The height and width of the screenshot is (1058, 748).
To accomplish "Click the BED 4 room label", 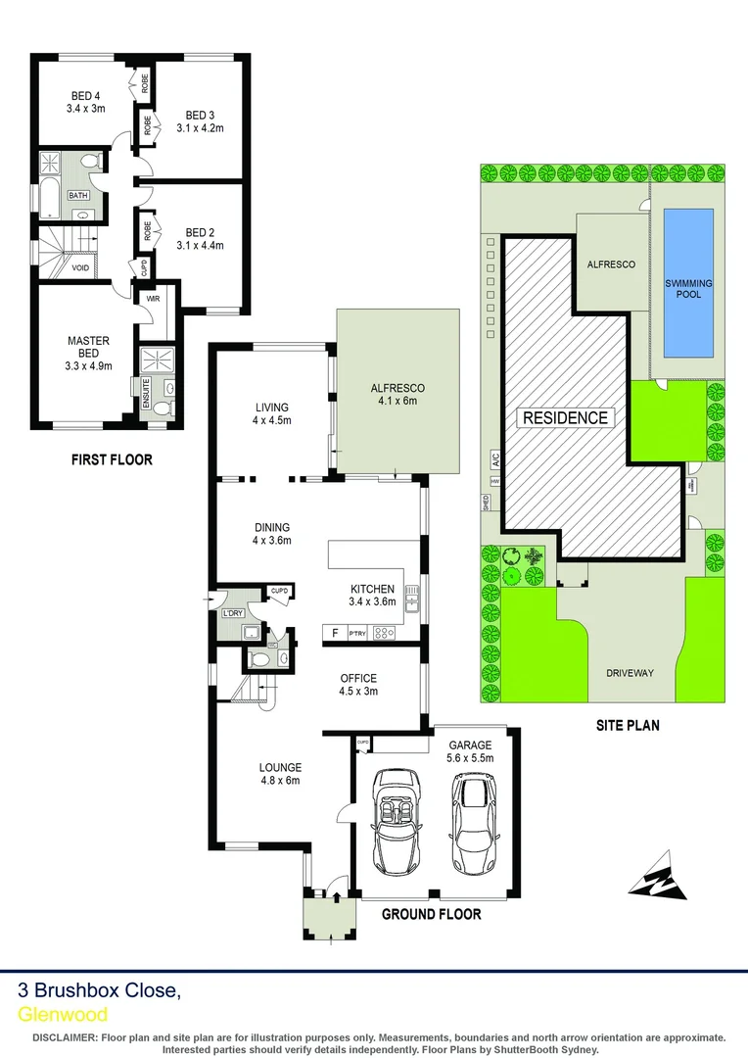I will pyautogui.click(x=84, y=96).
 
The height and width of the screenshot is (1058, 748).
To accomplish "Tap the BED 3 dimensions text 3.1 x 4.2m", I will pyautogui.click(x=200, y=127).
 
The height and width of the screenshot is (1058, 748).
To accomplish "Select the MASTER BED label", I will pyautogui.click(x=88, y=347).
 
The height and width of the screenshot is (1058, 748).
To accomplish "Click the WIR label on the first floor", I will pyautogui.click(x=154, y=299).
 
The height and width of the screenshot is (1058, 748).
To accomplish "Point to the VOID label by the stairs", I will pyautogui.click(x=80, y=267).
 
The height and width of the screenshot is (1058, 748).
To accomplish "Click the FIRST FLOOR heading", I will pyautogui.click(x=111, y=459).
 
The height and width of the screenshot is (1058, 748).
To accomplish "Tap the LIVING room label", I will pyautogui.click(x=271, y=407).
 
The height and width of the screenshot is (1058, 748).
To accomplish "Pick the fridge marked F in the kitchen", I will pyautogui.click(x=335, y=633).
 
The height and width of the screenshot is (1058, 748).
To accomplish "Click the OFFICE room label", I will pyautogui.click(x=358, y=678).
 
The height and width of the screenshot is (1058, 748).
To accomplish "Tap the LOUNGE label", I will pyautogui.click(x=280, y=767).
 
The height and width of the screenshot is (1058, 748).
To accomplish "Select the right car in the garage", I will pyautogui.click(x=472, y=821).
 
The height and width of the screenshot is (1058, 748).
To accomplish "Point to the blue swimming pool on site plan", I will pyautogui.click(x=689, y=282).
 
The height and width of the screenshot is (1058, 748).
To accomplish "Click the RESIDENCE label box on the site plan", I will pyautogui.click(x=564, y=417).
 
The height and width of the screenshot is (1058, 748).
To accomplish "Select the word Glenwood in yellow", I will pyautogui.click(x=63, y=1015).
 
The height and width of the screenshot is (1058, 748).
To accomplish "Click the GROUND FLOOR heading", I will pyautogui.click(x=431, y=914).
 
